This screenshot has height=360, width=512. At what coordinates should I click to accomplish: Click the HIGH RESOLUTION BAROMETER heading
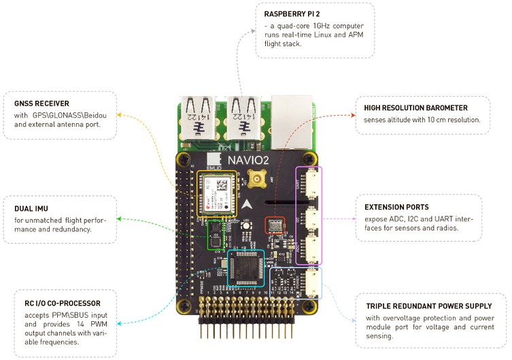[x=416, y=108]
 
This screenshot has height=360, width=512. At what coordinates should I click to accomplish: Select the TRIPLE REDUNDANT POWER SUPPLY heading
[x=425, y=306]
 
